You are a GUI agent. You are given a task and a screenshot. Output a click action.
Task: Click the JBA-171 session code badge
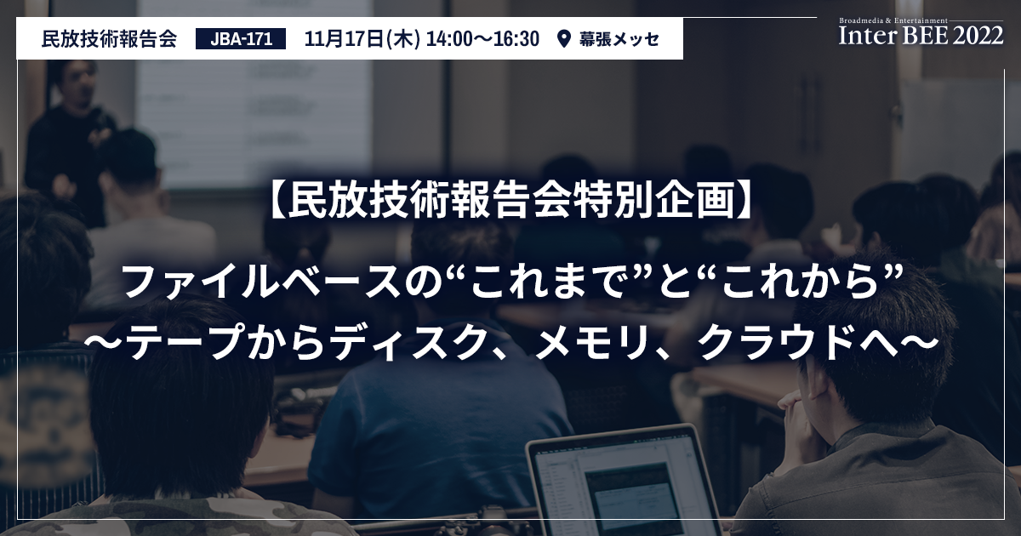(241, 39)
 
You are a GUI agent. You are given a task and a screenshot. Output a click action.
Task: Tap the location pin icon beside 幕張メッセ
(564, 39)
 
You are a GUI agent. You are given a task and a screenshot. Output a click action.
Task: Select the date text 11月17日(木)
(362, 39)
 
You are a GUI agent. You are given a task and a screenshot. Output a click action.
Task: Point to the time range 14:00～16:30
(482, 39)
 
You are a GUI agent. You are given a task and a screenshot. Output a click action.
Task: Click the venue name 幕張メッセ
(619, 39)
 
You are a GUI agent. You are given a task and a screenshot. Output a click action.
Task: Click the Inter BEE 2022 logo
(921, 32)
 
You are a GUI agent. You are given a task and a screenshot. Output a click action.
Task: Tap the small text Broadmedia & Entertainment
(893, 20)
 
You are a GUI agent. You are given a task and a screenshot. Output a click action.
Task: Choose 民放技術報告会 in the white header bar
(109, 39)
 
